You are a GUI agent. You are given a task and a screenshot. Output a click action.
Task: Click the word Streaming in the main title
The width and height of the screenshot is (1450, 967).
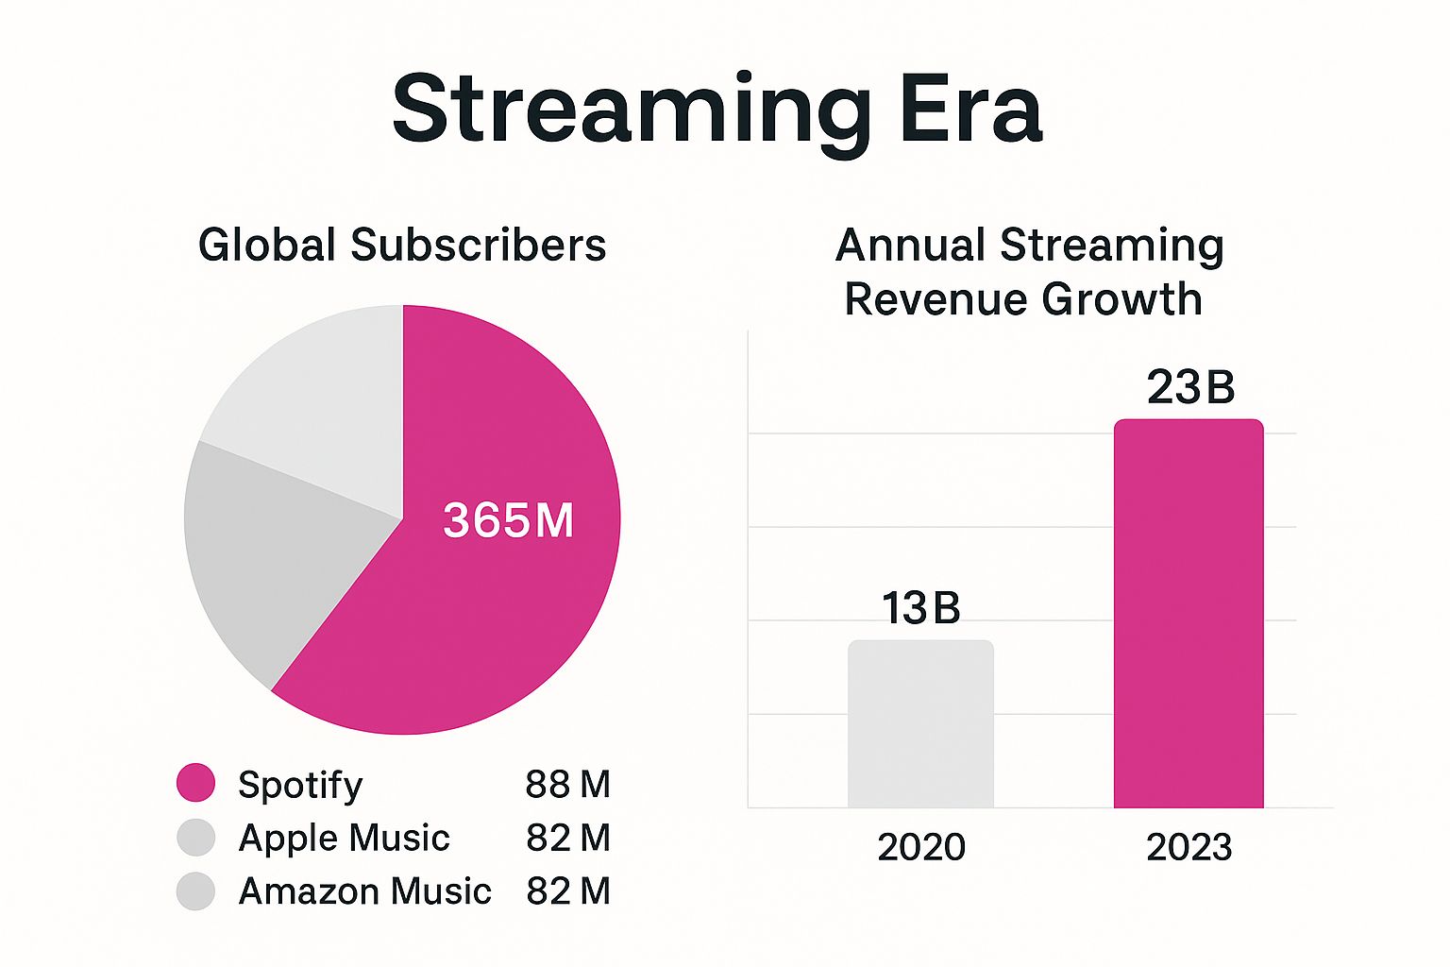point(631,111)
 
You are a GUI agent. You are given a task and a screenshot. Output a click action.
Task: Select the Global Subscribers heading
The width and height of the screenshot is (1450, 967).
point(402,245)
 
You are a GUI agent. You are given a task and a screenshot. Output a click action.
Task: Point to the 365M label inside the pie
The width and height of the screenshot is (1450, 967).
point(508,520)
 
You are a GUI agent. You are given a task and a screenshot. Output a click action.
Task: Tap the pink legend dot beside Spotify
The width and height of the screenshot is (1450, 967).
point(196,783)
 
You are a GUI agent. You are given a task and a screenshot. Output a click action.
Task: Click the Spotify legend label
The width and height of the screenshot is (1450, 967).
point(300,785)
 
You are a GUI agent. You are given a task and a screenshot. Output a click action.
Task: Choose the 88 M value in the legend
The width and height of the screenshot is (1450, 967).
point(567,784)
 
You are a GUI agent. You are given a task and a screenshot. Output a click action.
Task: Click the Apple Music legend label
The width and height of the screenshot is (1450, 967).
point(344,838)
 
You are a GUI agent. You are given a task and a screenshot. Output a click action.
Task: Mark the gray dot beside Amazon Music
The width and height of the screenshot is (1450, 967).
point(196,891)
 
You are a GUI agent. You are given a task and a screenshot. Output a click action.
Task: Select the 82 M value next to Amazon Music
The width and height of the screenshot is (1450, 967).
point(567,891)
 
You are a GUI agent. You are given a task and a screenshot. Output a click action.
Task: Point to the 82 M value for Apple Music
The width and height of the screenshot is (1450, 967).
point(567,838)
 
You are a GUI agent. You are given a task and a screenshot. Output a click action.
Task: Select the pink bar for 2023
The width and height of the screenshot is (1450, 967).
point(1189,614)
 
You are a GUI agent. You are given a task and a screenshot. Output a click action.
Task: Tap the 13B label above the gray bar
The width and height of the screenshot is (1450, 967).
point(920,608)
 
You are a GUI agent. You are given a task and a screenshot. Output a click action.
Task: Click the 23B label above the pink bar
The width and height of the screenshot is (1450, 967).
point(1190,387)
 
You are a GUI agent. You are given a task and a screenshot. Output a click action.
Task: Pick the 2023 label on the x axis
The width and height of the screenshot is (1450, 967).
point(1189,847)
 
